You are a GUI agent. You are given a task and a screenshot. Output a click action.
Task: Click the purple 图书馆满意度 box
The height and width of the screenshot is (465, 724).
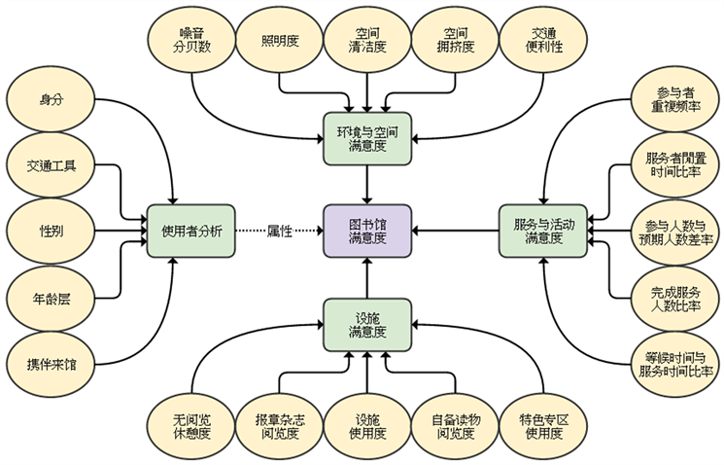point(367,231)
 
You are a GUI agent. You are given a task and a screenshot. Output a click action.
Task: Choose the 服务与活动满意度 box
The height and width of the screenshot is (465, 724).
point(543,231)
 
